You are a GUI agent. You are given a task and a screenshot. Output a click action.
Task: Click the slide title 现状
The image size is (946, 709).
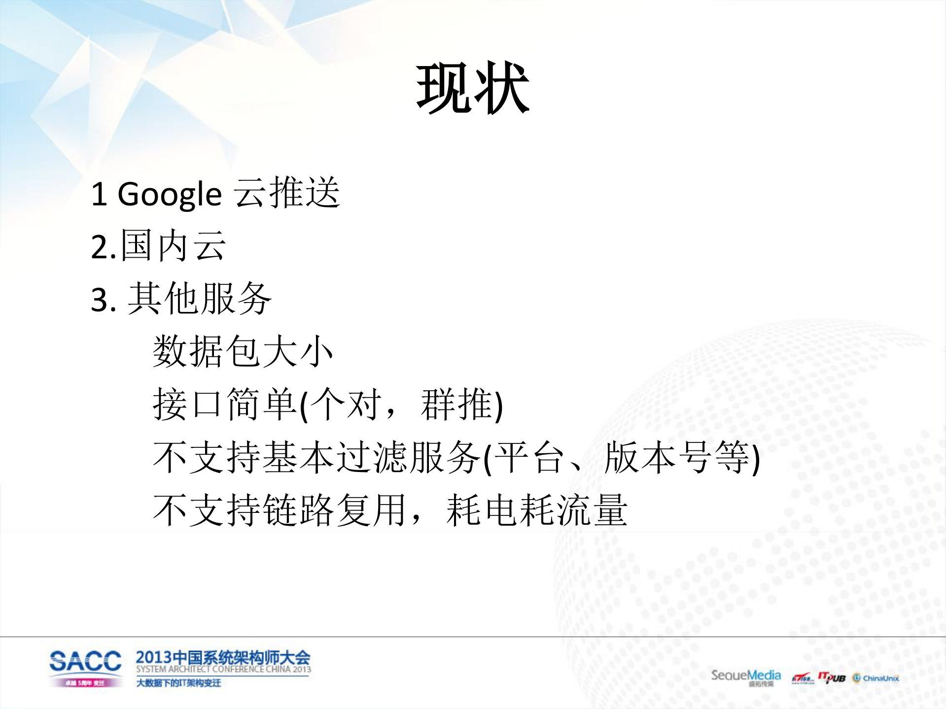tap(472, 89)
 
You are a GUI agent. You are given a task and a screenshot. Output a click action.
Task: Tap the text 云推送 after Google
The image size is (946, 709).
tap(286, 193)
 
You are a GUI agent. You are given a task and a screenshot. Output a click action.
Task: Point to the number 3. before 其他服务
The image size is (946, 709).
tap(104, 299)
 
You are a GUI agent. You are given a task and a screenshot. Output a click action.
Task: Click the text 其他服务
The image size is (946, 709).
tap(200, 299)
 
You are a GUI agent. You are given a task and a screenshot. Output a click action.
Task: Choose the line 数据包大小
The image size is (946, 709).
tap(243, 351)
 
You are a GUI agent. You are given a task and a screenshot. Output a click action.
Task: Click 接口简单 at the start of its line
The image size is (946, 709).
tap(224, 405)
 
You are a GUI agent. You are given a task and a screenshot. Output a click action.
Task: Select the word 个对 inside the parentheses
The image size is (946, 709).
tap(346, 405)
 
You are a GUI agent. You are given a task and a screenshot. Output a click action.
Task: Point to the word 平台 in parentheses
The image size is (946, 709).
tap(528, 458)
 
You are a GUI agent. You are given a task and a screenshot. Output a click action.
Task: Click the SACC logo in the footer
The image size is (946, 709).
tap(85, 667)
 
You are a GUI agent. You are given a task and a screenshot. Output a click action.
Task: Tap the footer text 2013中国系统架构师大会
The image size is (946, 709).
tap(223, 657)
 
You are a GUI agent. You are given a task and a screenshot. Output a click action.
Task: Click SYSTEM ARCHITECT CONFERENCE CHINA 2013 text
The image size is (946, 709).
tap(223, 669)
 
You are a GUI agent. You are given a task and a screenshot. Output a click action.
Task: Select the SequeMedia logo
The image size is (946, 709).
tap(745, 676)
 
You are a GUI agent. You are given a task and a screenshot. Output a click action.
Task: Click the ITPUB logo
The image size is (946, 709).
tap(831, 678)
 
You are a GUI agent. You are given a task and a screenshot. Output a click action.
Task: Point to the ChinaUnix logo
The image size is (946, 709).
tap(876, 678)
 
